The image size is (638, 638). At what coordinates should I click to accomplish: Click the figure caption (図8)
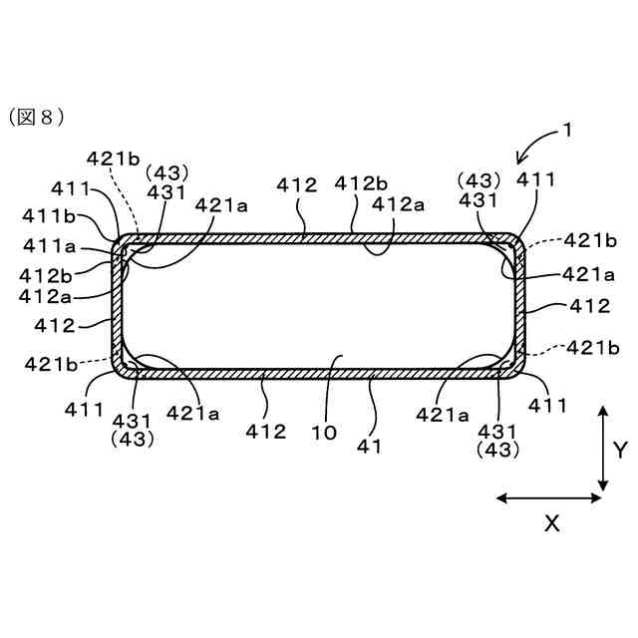[x=37, y=117]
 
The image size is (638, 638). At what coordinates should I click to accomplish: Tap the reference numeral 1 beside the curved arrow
[x=566, y=130]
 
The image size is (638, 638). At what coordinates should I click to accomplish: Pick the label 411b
[x=44, y=215]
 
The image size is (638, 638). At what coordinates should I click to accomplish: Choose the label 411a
[x=44, y=243]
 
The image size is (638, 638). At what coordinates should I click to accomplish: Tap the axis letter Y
[x=619, y=449]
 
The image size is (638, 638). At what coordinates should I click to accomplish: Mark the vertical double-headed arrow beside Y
[x=603, y=449]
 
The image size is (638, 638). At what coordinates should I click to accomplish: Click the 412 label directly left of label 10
[x=266, y=433]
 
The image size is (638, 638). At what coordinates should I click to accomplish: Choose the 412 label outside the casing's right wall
[x=589, y=306]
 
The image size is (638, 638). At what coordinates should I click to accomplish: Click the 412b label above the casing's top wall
[x=360, y=184]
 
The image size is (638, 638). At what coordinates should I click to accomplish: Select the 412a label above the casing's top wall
[x=397, y=204]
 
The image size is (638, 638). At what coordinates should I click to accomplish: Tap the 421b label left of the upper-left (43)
[x=114, y=159]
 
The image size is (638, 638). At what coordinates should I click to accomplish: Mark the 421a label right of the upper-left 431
[x=221, y=204]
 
